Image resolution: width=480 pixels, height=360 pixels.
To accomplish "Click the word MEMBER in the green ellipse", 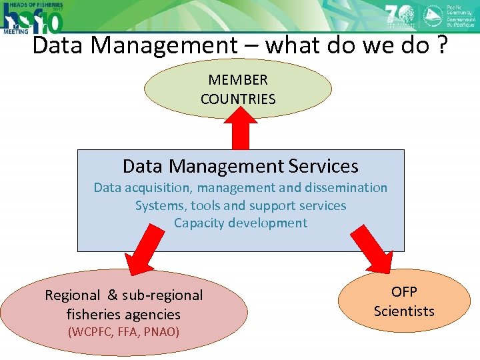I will coord(238,80).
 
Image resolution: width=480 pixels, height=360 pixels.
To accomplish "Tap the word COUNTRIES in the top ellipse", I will coord(238,99).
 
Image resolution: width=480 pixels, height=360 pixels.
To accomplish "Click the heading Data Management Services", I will coord(241,166).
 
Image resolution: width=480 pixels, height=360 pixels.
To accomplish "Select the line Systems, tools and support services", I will coord(241,205).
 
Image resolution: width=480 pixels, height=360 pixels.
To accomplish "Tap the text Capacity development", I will coord(241,223).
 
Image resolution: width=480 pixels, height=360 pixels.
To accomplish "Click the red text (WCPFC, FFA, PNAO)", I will coord(123,331).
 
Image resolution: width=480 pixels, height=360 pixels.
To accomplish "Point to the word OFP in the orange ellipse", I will coord(404,292).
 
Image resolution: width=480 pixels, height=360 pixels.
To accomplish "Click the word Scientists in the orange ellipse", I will coord(404,311).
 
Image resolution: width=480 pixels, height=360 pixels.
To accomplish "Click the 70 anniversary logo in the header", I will coord(399,15).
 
